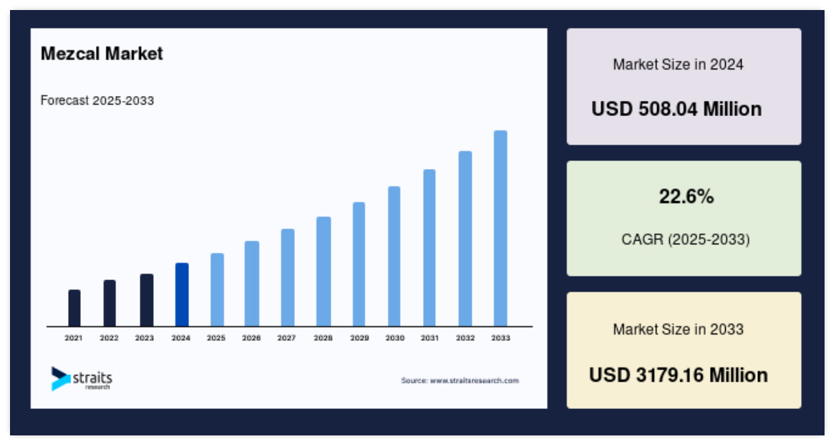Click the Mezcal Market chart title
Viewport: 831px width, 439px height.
(x=102, y=54)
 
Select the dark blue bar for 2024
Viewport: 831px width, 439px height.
(x=182, y=295)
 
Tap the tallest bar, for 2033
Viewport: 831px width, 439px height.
(x=500, y=228)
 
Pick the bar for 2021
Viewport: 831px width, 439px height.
(x=74, y=308)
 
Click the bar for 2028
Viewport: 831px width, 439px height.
(x=324, y=271)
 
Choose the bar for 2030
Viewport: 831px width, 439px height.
(x=394, y=256)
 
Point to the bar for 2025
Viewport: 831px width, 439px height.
(x=217, y=290)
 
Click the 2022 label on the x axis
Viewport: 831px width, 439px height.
(x=110, y=338)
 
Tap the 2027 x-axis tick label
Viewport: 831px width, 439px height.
(x=287, y=338)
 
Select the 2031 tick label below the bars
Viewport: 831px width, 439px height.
(x=429, y=338)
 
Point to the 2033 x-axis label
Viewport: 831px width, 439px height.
(x=501, y=338)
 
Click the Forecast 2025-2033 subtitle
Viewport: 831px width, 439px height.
(x=97, y=101)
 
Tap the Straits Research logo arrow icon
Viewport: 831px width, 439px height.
(x=60, y=379)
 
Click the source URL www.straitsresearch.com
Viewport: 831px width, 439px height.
(x=475, y=380)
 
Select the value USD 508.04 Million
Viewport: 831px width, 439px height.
(x=677, y=110)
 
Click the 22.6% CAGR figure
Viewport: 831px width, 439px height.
(x=686, y=197)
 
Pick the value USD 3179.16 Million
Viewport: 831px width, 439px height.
(x=679, y=375)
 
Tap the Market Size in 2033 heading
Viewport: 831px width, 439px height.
(x=679, y=329)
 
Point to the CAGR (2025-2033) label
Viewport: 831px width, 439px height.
(x=686, y=240)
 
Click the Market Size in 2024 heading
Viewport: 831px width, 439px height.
(x=679, y=64)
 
